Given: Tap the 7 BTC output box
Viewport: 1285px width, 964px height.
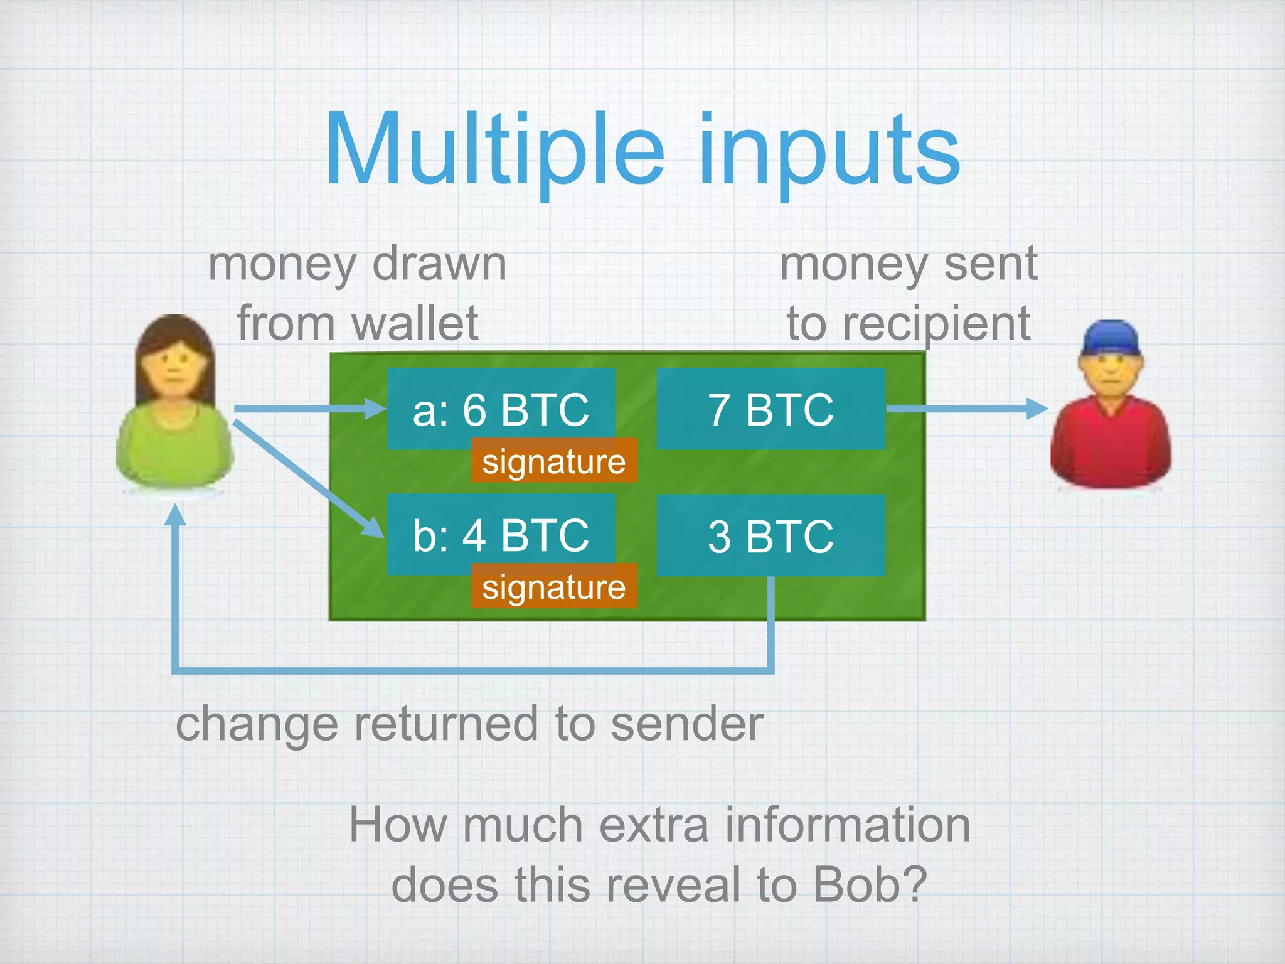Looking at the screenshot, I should click(770, 409).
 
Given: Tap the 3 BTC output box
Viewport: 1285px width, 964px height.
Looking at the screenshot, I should click(770, 535).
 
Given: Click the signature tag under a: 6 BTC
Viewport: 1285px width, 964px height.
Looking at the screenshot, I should click(553, 461).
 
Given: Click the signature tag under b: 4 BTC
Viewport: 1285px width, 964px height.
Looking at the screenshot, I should click(553, 586).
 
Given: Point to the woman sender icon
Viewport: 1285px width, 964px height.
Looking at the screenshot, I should click(175, 402).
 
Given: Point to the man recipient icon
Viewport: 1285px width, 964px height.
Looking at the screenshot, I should click(1111, 408).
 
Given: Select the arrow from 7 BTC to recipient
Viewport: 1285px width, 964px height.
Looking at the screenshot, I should click(966, 409).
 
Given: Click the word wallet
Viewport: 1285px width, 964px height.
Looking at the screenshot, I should click(415, 323).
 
